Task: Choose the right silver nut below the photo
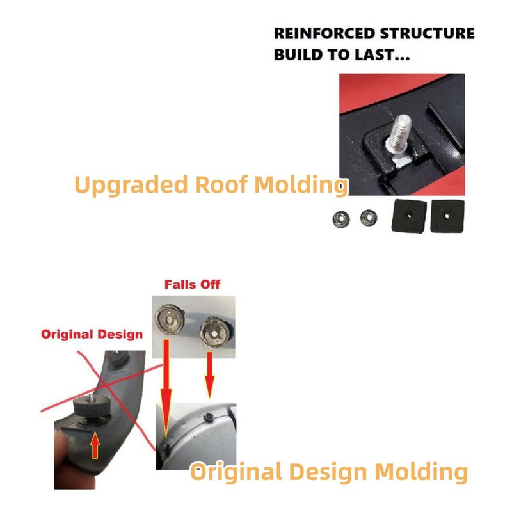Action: pyautogui.click(x=367, y=218)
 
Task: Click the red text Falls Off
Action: pyautogui.click(x=193, y=284)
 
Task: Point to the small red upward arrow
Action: pyautogui.click(x=95, y=444)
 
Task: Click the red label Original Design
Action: pyautogui.click(x=92, y=334)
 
